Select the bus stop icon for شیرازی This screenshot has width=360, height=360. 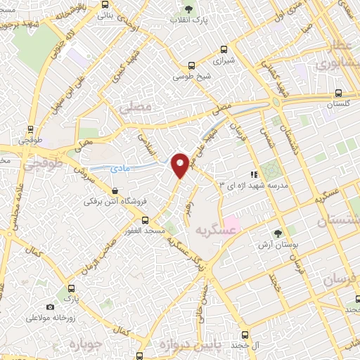224,49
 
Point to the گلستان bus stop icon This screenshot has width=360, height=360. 338,93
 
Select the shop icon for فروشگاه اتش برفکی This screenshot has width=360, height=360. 114,191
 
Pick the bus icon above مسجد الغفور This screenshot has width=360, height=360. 146,220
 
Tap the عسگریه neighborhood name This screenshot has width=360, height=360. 213,231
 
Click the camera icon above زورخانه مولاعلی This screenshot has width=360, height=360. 50,307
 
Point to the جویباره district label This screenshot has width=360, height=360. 86,344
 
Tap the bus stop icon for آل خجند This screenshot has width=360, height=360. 244,335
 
